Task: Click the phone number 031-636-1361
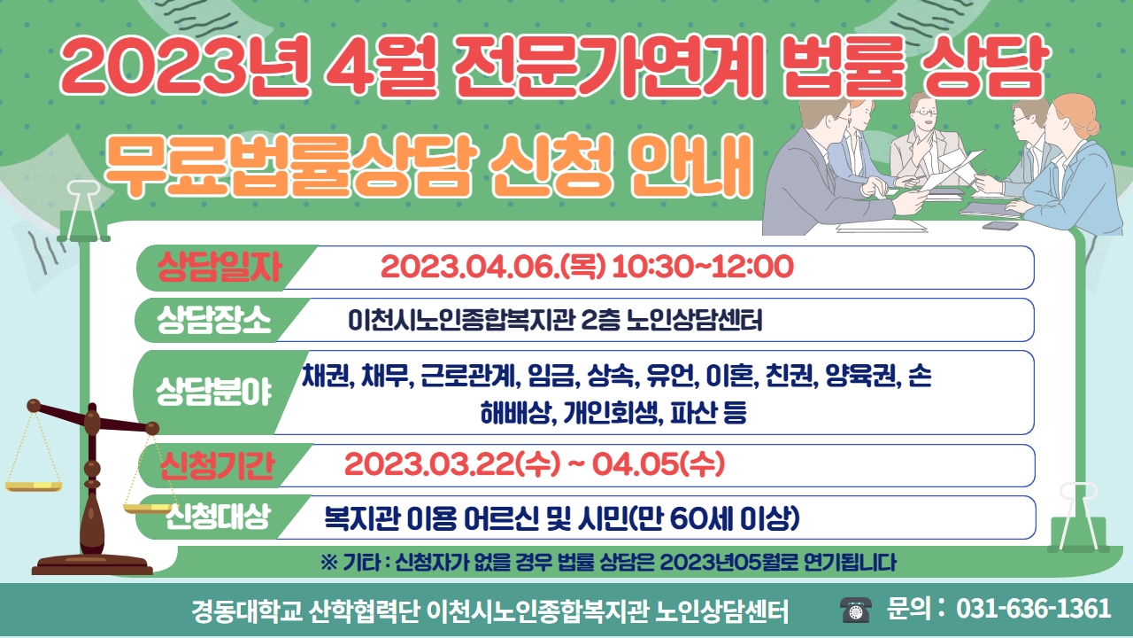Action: click(x=1033, y=608)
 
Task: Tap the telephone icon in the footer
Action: click(x=856, y=609)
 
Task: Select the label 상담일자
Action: click(x=219, y=267)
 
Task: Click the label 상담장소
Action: click(x=214, y=320)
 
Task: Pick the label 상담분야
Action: click(x=214, y=392)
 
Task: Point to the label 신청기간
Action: click(x=218, y=465)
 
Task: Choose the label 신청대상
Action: click(x=218, y=517)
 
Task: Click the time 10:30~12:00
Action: click(x=703, y=267)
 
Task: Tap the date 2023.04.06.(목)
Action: click(x=493, y=267)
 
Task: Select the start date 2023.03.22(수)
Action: click(x=452, y=464)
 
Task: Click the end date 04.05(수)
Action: click(x=659, y=464)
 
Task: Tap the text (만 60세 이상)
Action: click(x=714, y=517)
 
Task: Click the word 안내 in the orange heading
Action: click(x=691, y=166)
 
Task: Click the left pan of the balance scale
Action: click(x=34, y=486)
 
